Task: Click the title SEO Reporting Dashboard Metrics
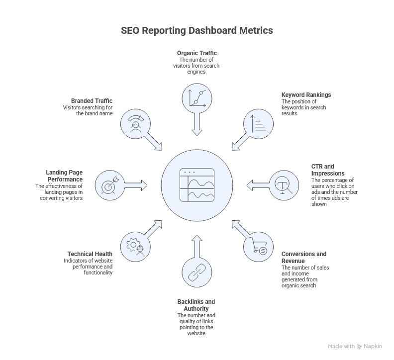[x=197, y=30]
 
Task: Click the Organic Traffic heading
[x=197, y=53]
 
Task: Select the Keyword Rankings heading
[x=306, y=95]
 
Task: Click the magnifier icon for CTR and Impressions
[x=284, y=185]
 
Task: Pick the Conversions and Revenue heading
[x=304, y=257]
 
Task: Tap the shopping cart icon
[x=259, y=248]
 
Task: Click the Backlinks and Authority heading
[x=196, y=305]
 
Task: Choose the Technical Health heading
[x=90, y=254]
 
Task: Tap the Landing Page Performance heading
[x=64, y=176]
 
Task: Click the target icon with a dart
[x=109, y=185]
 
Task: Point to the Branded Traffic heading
[x=92, y=100]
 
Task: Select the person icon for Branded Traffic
[x=135, y=123]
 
